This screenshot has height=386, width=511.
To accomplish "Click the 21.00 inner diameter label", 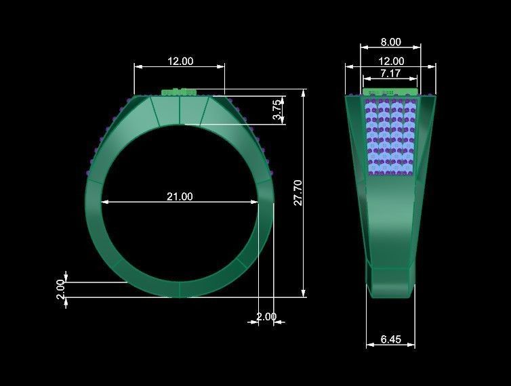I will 180,196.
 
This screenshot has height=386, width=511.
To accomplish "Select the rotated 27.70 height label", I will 298,193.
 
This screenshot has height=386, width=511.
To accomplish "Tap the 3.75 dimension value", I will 277,110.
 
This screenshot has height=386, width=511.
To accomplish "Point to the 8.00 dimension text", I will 390,42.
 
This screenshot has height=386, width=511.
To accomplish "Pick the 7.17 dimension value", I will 390,72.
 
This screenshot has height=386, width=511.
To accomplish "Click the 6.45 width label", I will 390,339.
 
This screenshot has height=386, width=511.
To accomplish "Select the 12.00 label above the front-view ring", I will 180,61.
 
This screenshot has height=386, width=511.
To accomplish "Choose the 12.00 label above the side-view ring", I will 390,60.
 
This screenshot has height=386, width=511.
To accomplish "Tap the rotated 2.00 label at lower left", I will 60,289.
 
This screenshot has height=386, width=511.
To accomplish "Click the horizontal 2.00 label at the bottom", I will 266,316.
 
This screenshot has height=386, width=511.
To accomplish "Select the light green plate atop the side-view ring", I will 390,91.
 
